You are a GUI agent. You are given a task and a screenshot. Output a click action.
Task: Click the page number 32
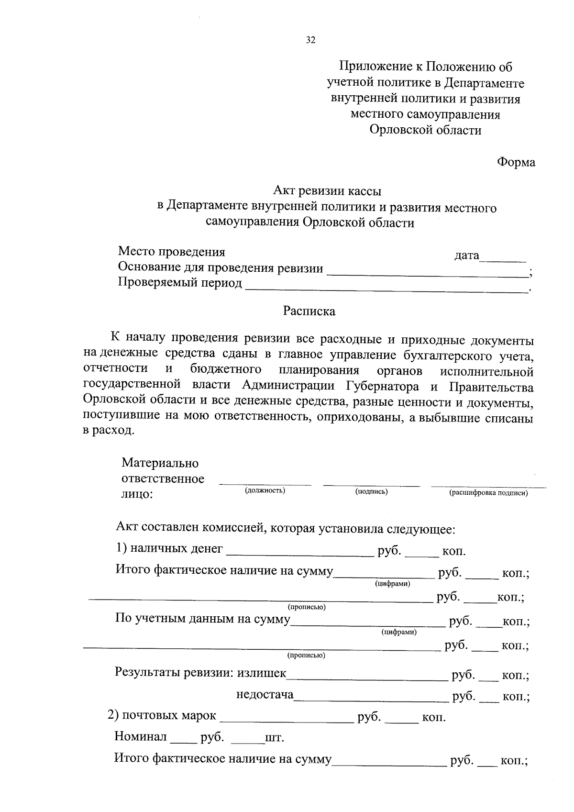(311, 40)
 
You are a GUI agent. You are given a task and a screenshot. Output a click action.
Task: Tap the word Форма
(516, 162)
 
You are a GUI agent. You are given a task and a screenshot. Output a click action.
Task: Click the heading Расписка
(309, 311)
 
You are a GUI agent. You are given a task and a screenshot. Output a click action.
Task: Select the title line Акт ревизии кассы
(327, 191)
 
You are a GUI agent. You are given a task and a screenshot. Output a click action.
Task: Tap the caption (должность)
(265, 490)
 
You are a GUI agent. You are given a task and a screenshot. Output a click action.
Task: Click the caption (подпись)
(371, 491)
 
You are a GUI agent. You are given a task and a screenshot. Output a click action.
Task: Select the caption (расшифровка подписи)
(488, 493)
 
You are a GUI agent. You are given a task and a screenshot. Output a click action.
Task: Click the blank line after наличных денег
(299, 556)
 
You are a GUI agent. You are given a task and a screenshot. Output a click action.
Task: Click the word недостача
(265, 694)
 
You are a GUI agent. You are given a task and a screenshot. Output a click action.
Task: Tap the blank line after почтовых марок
(287, 721)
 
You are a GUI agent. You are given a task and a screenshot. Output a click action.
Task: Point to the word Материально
(160, 463)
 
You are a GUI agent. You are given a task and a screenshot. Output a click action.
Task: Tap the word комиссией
(232, 529)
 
